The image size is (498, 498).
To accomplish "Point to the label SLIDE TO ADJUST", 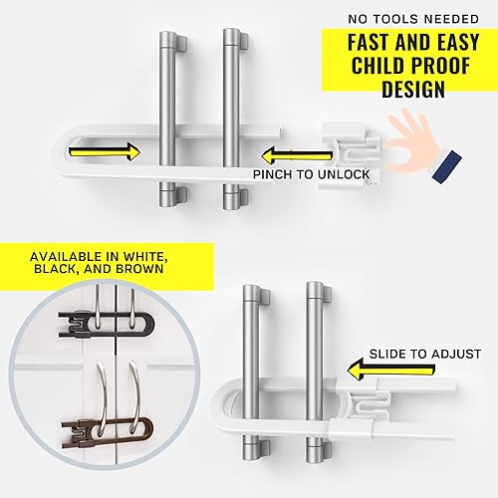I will click(x=425, y=354).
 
